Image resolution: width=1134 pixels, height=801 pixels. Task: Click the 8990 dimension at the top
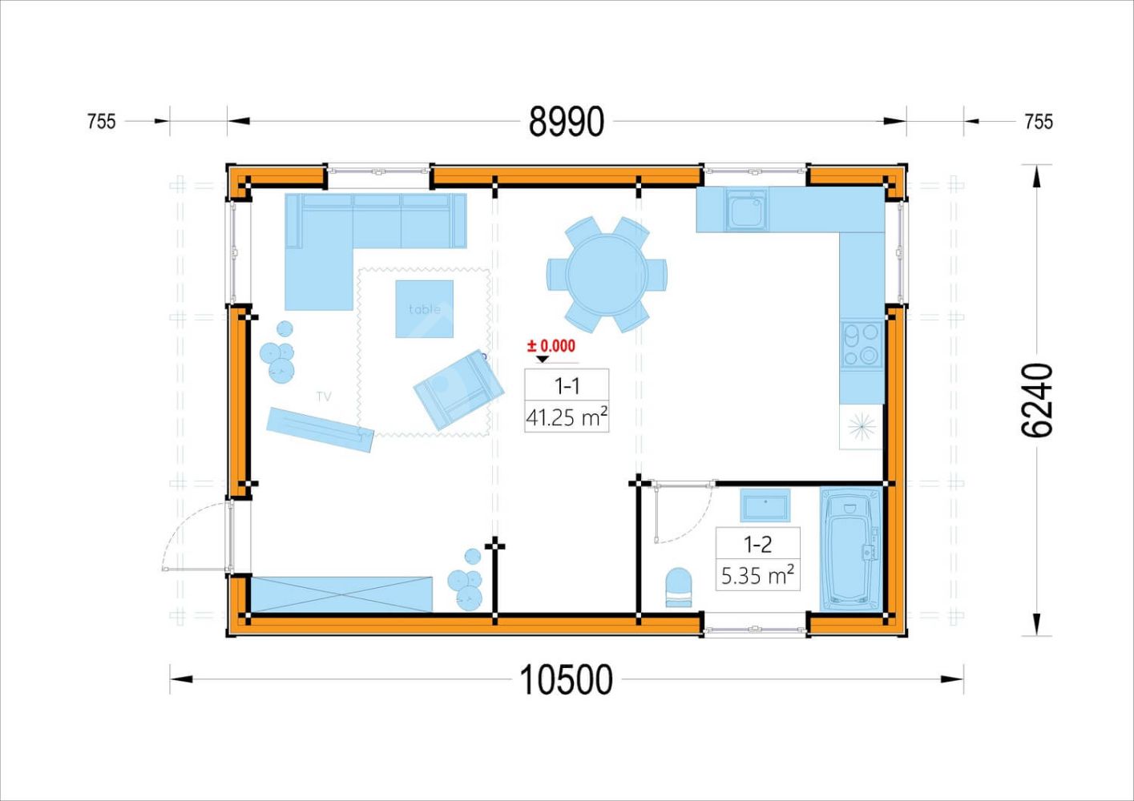(567, 122)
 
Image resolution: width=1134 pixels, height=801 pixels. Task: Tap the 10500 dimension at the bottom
(567, 680)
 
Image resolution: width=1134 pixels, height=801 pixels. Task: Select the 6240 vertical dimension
(1036, 400)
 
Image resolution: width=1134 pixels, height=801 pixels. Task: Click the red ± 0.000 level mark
(551, 346)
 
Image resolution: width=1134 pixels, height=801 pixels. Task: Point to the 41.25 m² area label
(567, 417)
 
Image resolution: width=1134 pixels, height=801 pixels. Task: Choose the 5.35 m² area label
(757, 576)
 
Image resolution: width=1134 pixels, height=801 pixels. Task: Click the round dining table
(607, 274)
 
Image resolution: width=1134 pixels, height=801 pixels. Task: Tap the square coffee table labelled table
(424, 308)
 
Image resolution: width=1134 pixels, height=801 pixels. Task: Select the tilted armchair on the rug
(458, 389)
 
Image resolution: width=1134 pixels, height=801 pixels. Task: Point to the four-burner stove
(862, 344)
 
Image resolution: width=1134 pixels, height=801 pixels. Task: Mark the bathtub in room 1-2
(850, 550)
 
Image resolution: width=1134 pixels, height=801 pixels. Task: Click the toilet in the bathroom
(678, 587)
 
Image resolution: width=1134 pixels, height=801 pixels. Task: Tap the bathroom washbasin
(765, 505)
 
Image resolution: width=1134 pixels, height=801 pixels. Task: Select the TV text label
(324, 396)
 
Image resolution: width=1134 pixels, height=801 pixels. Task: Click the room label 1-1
(567, 387)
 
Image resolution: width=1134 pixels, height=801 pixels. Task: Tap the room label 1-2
(757, 545)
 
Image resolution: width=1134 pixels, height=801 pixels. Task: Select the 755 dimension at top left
(102, 122)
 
